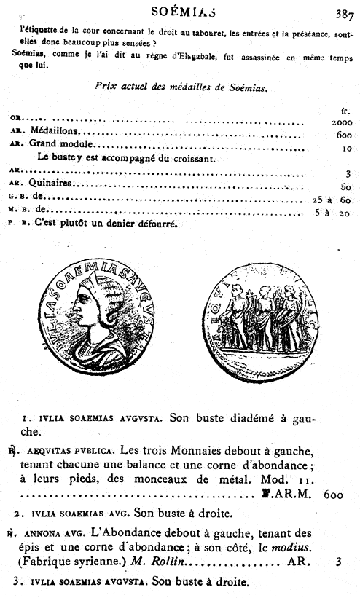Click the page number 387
coord(345,12)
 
